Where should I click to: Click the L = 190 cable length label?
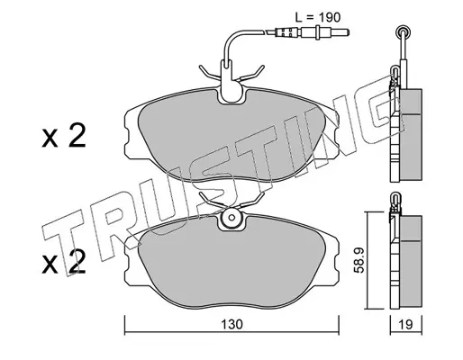tap(318, 17)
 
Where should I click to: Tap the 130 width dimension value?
tap(231, 324)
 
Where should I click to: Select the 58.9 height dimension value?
tap(359, 260)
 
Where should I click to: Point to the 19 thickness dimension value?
tap(406, 324)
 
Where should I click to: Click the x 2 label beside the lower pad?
tap(64, 263)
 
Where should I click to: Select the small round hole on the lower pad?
tap(231, 218)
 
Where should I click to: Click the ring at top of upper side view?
tap(403, 31)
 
